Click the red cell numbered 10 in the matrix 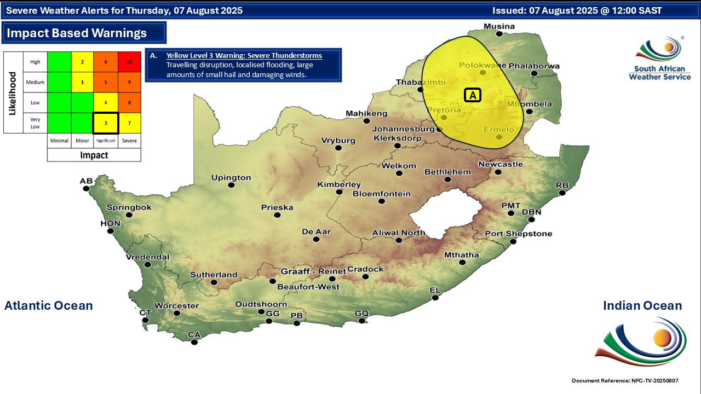[x=129, y=62]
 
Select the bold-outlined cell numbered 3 [x=106, y=123]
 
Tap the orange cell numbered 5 [x=106, y=82]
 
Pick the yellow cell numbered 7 [x=129, y=123]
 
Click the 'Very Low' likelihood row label [x=35, y=123]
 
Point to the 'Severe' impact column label [x=129, y=141]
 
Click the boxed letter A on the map [x=472, y=95]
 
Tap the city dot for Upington [x=232, y=186]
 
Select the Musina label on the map [x=499, y=26]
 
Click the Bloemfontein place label [x=381, y=194]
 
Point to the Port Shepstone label [x=518, y=234]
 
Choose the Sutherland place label [x=214, y=275]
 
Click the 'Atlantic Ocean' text [x=49, y=305]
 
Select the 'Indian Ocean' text [x=642, y=305]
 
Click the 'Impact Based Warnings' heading [x=77, y=33]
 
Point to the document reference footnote [x=628, y=380]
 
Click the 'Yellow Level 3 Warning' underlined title [x=244, y=56]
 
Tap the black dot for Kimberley [x=340, y=192]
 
